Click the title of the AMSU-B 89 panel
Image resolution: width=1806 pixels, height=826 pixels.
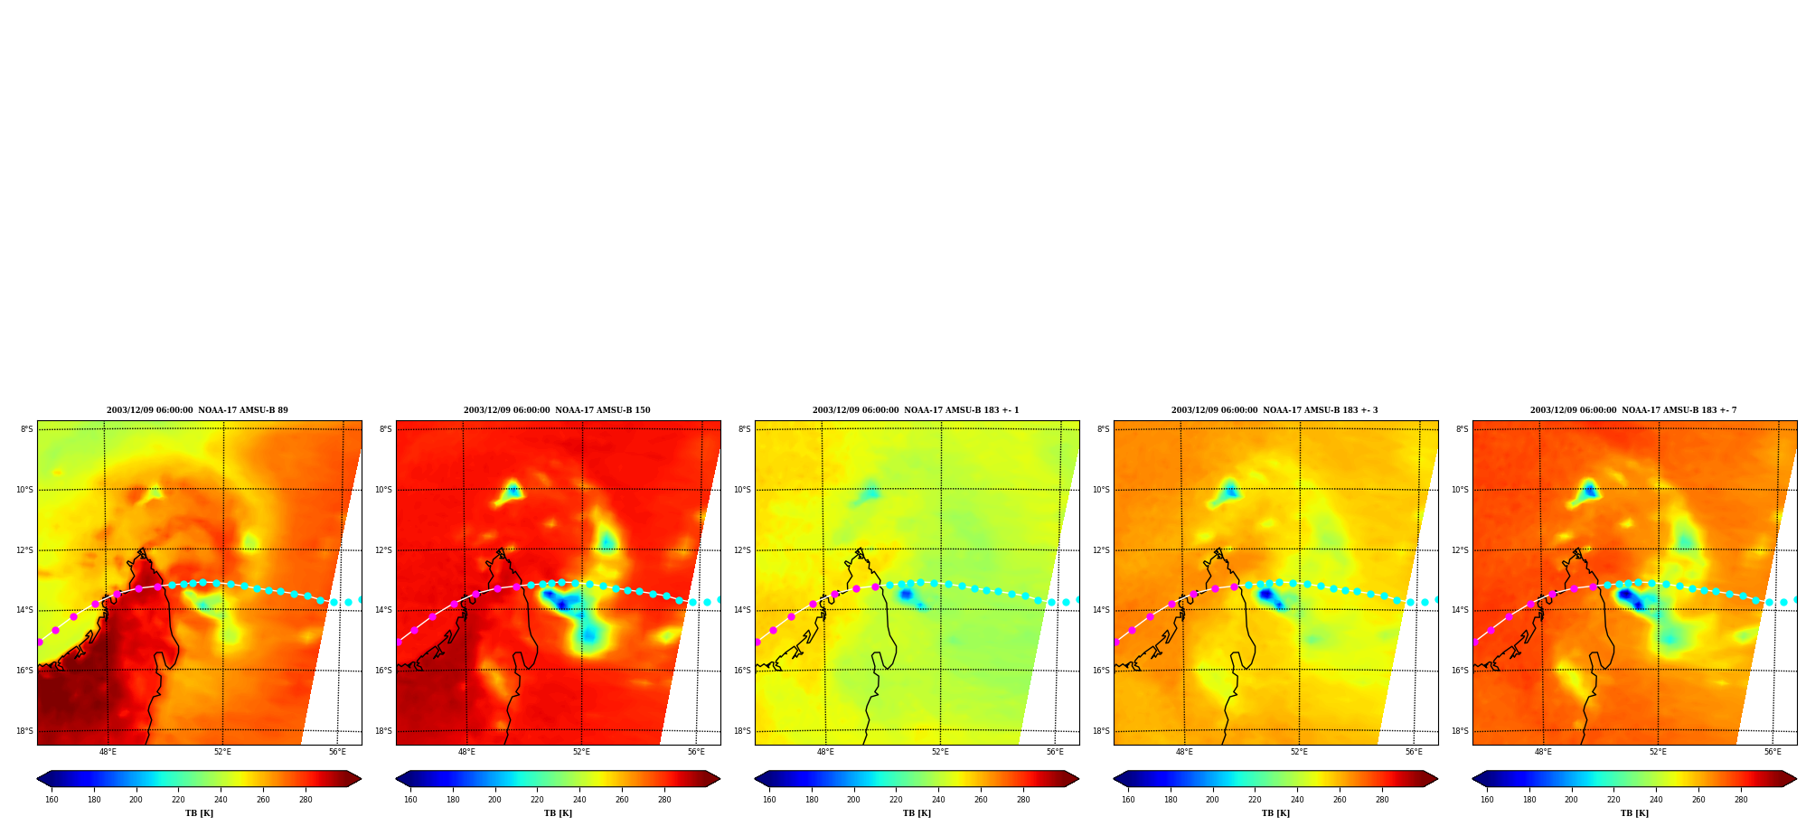click(197, 410)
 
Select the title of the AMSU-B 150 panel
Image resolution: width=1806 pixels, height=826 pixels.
click(557, 410)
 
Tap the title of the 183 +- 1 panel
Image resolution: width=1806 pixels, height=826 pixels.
click(916, 410)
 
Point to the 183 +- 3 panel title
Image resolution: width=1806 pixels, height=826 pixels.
click(1275, 410)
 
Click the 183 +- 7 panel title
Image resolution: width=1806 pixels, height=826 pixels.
click(1633, 410)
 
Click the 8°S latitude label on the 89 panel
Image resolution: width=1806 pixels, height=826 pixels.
click(27, 429)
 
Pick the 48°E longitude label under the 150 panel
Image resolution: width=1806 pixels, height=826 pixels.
click(466, 752)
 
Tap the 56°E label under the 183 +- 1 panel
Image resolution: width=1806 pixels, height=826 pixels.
click(1055, 752)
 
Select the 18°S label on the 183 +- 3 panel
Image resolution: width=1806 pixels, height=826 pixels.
click(1103, 731)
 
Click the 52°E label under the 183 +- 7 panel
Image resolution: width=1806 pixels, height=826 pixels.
click(1658, 752)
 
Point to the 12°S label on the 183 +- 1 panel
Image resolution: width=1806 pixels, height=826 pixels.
click(744, 550)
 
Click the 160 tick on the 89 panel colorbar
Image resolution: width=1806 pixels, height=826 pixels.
click(52, 799)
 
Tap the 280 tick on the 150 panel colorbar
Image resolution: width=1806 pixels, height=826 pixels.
click(664, 799)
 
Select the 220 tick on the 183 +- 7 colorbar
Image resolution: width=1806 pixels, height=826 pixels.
click(1613, 799)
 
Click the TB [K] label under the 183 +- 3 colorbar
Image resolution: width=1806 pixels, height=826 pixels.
click(1275, 813)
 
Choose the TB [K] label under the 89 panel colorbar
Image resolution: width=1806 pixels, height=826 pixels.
click(199, 813)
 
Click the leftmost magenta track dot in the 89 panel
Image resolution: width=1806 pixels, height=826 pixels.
click(40, 642)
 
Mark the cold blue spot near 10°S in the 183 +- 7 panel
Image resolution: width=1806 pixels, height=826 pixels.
click(1589, 490)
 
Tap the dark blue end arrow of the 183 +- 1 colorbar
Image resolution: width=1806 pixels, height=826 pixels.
click(761, 779)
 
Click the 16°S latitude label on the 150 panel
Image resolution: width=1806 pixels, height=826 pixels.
click(385, 671)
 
